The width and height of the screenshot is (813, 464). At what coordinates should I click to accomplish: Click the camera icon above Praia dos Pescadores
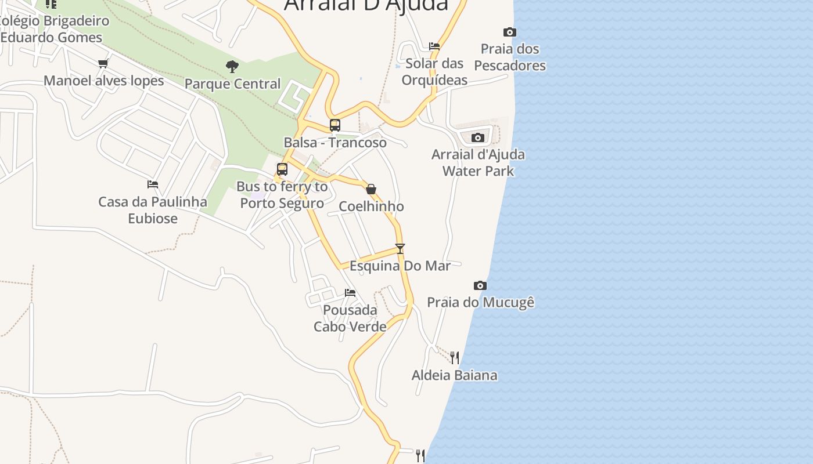(509, 32)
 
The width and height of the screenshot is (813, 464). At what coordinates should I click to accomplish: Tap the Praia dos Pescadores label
(510, 57)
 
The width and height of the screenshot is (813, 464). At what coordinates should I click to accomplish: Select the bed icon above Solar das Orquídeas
(434, 46)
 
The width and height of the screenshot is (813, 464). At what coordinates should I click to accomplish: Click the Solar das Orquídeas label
(434, 71)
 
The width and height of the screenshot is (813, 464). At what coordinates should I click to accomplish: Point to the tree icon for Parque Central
(232, 67)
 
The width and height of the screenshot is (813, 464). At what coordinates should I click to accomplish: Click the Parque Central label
(232, 84)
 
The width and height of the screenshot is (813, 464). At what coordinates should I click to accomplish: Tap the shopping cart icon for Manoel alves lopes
(103, 63)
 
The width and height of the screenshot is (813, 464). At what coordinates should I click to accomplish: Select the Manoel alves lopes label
(104, 81)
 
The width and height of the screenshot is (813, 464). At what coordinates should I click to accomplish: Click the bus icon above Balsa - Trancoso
(335, 125)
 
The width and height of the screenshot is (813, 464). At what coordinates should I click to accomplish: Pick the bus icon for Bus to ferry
(282, 169)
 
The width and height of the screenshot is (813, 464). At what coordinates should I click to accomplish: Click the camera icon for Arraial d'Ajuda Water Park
(478, 137)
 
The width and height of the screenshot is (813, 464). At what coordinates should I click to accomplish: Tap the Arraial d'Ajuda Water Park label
(478, 162)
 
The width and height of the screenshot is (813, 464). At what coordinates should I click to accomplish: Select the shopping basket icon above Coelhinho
(371, 189)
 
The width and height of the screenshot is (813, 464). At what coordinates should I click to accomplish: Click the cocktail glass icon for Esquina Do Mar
(400, 249)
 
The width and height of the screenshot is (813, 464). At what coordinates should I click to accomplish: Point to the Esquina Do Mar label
(400, 266)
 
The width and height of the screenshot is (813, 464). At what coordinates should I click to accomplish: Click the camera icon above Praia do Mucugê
(480, 285)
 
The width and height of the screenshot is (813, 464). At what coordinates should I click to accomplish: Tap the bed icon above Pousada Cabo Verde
(350, 293)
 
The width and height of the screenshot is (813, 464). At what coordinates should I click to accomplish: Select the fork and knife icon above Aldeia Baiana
(455, 358)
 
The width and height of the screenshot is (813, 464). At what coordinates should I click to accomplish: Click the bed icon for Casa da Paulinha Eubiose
(153, 184)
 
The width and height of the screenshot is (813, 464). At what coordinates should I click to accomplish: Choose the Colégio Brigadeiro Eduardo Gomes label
(53, 29)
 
